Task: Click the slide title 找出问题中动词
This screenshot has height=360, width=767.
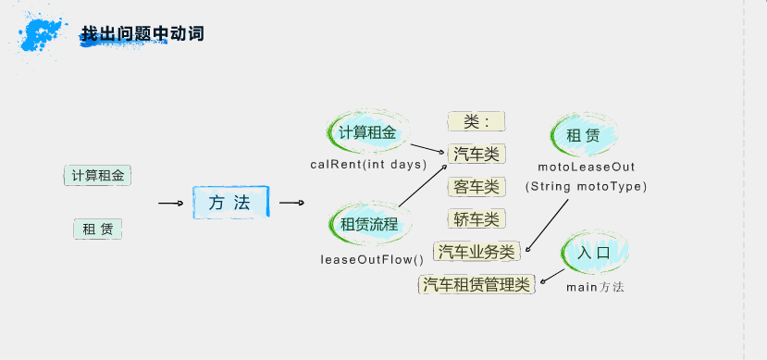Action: pyautogui.click(x=142, y=34)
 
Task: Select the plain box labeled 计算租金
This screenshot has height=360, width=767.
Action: pyautogui.click(x=98, y=175)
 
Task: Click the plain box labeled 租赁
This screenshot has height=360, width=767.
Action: pyautogui.click(x=98, y=229)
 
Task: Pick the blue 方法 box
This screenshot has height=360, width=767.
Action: pyautogui.click(x=230, y=202)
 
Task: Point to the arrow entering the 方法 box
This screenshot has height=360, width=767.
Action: pyautogui.click(x=170, y=203)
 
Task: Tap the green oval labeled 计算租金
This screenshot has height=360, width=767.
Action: pyautogui.click(x=367, y=133)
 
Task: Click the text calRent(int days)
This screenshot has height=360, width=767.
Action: pyautogui.click(x=367, y=165)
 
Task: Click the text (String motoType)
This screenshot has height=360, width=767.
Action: pyautogui.click(x=586, y=186)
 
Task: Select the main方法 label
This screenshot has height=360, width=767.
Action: pyautogui.click(x=595, y=287)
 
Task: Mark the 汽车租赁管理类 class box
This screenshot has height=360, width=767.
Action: pyautogui.click(x=476, y=284)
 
